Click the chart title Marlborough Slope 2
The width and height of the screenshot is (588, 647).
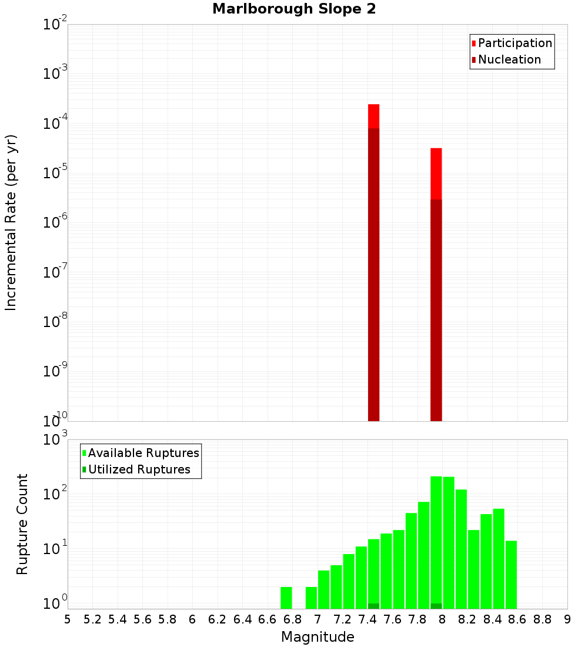pos(294,9)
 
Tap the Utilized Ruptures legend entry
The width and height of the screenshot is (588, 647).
pos(139,469)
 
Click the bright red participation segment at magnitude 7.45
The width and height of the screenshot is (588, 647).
pos(373,116)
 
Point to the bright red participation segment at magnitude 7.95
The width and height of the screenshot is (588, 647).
pos(436,174)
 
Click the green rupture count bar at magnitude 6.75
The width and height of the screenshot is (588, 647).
pos(286,598)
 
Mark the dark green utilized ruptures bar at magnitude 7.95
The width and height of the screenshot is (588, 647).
pos(436,606)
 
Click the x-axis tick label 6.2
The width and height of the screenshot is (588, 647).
pos(218,619)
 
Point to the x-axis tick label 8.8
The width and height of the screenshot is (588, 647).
pos(542,619)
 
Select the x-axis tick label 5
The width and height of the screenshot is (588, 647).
pos(68,619)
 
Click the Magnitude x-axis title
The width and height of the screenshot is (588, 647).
pos(318,637)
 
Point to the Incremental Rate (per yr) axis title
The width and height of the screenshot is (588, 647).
pos(12,223)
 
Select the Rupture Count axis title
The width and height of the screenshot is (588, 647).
pos(22,524)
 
